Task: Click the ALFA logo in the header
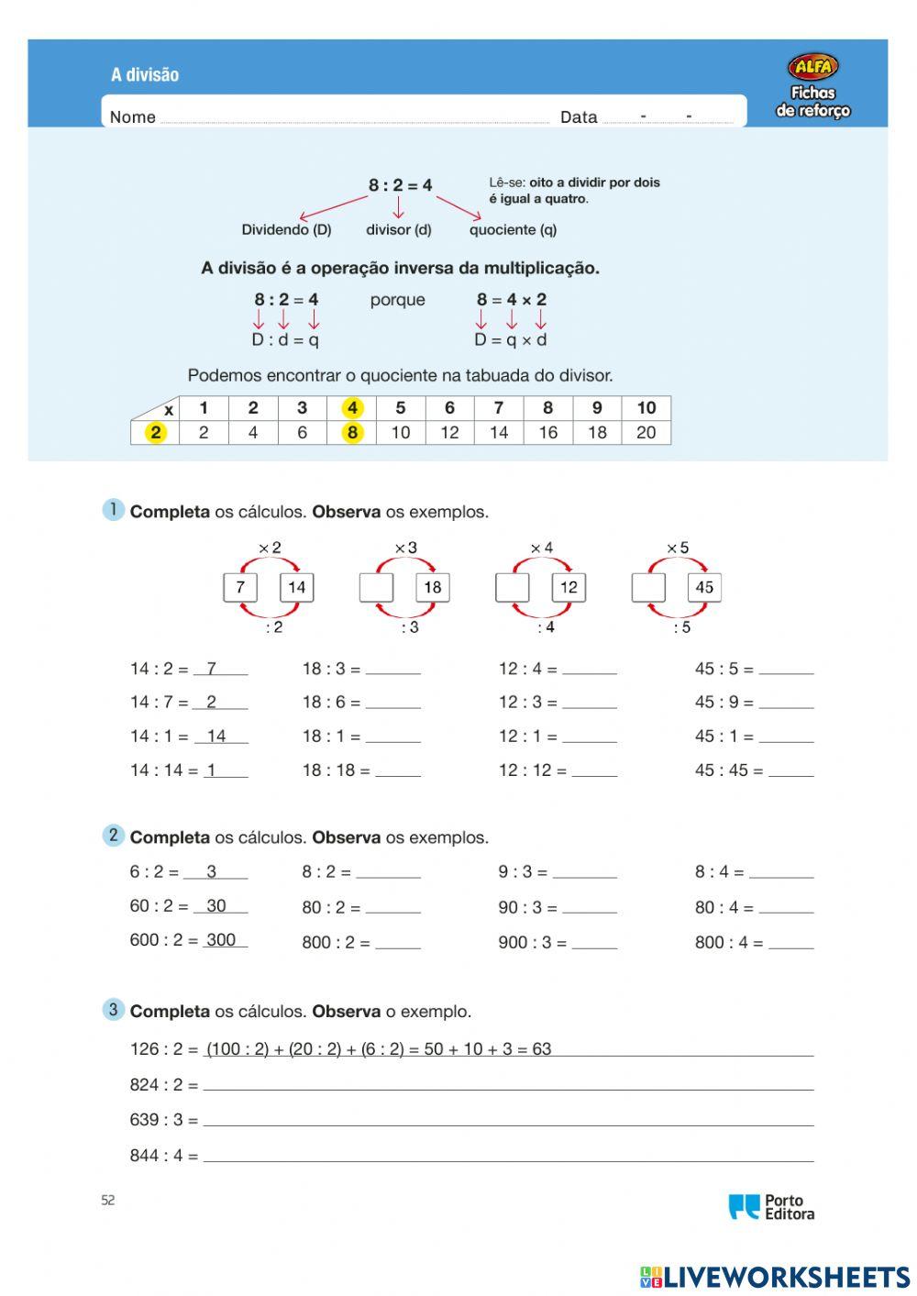(x=812, y=67)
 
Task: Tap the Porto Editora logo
(x=771, y=1206)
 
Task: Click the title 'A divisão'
(x=145, y=75)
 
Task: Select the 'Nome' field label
(x=133, y=117)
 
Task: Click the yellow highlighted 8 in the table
(x=352, y=432)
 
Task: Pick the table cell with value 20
(x=646, y=432)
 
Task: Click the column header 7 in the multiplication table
(x=498, y=408)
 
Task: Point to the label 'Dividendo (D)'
(x=286, y=229)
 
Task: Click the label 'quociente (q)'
(x=513, y=229)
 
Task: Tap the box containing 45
(x=704, y=587)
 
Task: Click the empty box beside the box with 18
(x=376, y=587)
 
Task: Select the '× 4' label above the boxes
(x=541, y=548)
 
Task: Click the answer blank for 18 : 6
(x=392, y=703)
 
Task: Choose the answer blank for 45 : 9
(x=786, y=703)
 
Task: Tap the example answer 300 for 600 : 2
(x=221, y=940)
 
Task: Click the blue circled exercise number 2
(x=113, y=835)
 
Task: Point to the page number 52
(x=108, y=1201)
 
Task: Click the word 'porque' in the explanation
(x=397, y=300)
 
